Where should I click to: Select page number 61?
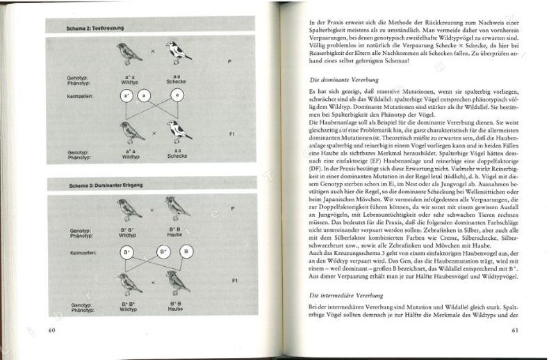(x=513, y=329)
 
